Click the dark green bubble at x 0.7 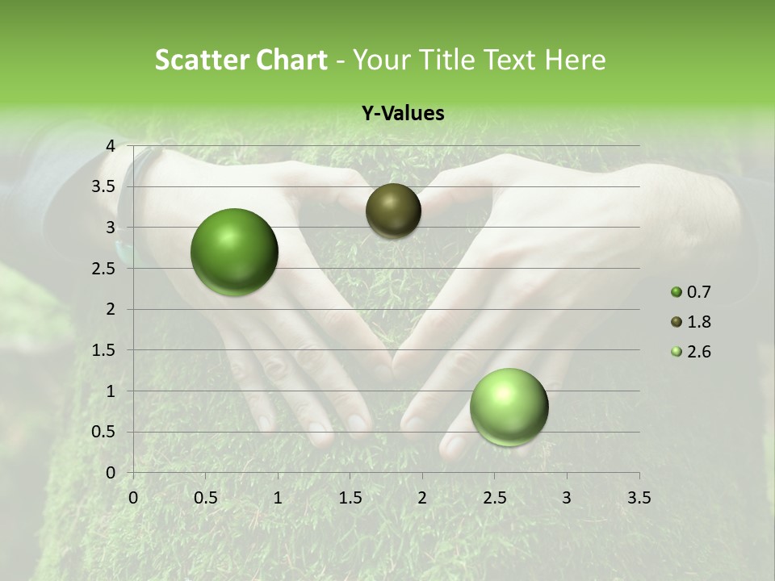click(x=235, y=252)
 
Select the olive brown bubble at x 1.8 click(x=393, y=211)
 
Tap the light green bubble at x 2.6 click(x=509, y=407)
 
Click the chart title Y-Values click(x=402, y=114)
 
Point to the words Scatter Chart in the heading click(x=241, y=60)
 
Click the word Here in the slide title click(x=575, y=60)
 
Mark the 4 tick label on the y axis click(x=110, y=146)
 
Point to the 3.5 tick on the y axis click(x=104, y=187)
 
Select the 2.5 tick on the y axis click(x=104, y=269)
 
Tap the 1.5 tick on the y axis click(x=104, y=350)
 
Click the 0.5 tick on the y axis click(x=104, y=432)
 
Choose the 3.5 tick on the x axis click(x=639, y=498)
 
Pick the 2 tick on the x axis click(x=422, y=498)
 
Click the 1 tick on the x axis click(x=278, y=498)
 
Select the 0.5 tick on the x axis click(x=205, y=498)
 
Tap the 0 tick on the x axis click(x=133, y=498)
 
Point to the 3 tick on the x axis click(x=567, y=498)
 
